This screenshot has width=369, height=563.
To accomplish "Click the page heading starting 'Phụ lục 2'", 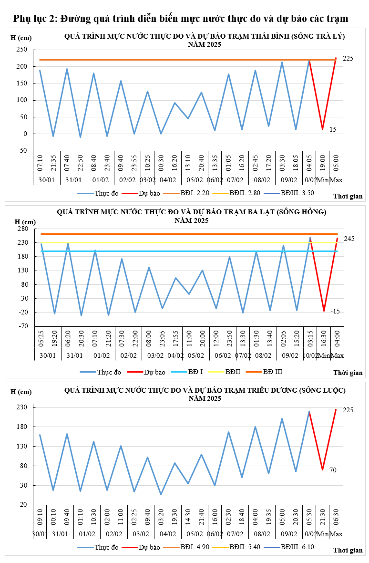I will pos(181,19).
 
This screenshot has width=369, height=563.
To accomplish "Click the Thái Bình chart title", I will pos(205,40).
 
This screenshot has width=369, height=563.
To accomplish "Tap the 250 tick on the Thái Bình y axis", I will pos(22,50).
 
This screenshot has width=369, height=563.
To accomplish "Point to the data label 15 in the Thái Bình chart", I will pos(333,129).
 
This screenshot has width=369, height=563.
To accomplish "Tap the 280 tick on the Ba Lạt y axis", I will pos(23,229).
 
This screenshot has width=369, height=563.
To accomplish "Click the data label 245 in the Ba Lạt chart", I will pos(348,239).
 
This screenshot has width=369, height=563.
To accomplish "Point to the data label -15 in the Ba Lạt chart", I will pos(335,311).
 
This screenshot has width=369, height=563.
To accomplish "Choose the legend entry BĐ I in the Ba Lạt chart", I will pos(190,371).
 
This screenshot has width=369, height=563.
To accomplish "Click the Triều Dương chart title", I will pos(205,394).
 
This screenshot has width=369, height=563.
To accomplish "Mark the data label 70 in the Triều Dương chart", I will pos(333,470).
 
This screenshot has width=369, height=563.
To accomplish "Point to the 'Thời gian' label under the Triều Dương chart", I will pos(348,550).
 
